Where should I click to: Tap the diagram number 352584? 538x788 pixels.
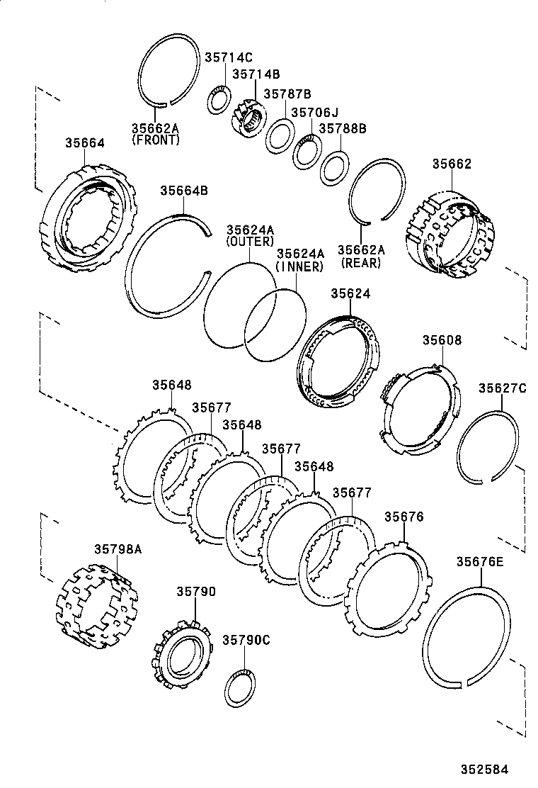click(485, 768)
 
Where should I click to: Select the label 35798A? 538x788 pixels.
click(118, 548)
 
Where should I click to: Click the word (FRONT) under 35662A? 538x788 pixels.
click(156, 140)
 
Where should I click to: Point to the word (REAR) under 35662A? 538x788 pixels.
click(360, 262)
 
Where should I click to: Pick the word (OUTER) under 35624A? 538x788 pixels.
click(250, 242)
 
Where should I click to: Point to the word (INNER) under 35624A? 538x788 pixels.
click(299, 266)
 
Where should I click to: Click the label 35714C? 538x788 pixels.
click(229, 57)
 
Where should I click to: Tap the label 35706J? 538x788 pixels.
click(315, 112)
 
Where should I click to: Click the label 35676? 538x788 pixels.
click(403, 517)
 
